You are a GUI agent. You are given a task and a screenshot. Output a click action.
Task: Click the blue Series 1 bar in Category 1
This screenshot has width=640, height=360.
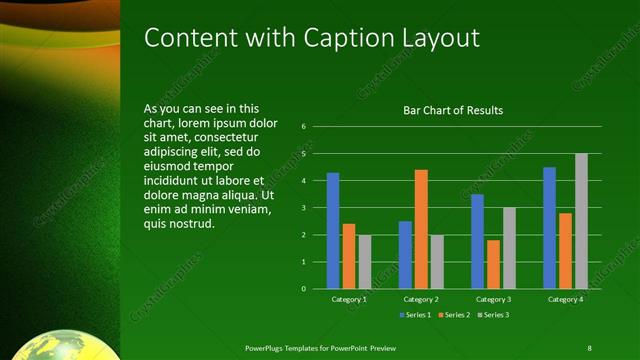pyautogui.click(x=333, y=231)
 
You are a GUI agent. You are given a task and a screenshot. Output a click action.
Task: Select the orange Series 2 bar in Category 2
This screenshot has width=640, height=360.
pyautogui.click(x=421, y=229)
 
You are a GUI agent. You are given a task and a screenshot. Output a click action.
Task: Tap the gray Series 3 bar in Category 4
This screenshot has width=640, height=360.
pyautogui.click(x=581, y=221)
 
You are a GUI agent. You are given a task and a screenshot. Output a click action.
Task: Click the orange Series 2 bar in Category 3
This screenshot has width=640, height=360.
pyautogui.click(x=493, y=264)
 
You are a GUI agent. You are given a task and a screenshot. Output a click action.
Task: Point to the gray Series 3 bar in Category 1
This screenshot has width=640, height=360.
pyautogui.click(x=365, y=262)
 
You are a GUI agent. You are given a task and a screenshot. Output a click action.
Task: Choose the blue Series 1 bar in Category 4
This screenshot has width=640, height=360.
pyautogui.click(x=549, y=228)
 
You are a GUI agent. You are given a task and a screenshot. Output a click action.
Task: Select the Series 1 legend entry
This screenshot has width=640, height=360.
pyautogui.click(x=415, y=316)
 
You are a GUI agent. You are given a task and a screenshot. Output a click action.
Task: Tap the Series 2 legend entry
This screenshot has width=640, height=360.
pyautogui.click(x=452, y=316)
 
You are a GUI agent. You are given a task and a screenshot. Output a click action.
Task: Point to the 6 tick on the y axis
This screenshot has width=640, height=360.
pyautogui.click(x=304, y=127)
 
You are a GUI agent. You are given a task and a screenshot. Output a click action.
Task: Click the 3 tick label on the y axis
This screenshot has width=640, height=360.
pyautogui.click(x=304, y=208)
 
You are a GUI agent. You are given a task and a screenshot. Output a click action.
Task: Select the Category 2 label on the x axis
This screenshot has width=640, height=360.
pyautogui.click(x=421, y=299)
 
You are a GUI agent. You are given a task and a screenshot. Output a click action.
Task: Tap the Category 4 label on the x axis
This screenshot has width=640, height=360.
pyautogui.click(x=565, y=299)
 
